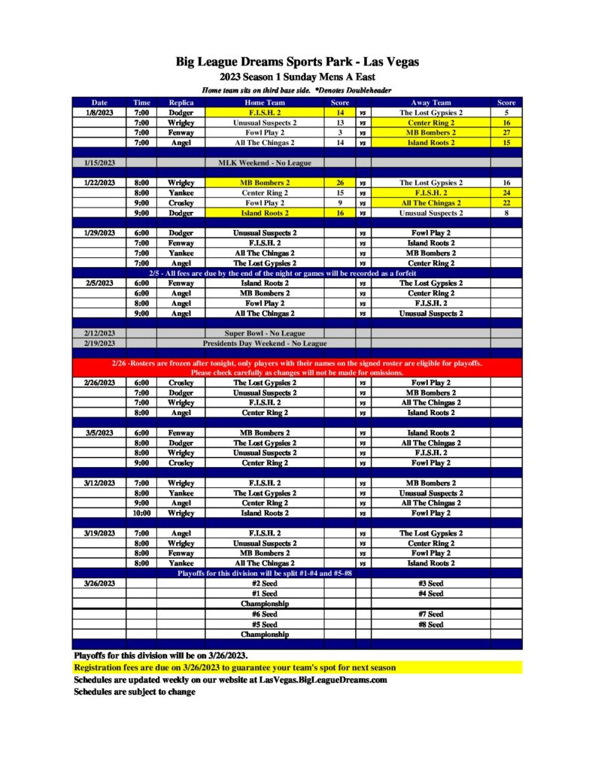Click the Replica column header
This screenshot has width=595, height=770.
[x=181, y=102]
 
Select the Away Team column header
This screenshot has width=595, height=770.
[x=431, y=102]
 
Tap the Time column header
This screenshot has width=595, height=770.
[x=141, y=102]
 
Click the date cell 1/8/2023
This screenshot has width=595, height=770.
[x=99, y=113]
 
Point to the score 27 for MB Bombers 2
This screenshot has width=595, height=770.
[x=506, y=132]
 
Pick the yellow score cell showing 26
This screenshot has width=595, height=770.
[x=340, y=183]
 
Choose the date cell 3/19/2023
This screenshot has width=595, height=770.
[x=99, y=533]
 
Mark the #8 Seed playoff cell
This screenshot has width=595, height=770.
[x=431, y=624]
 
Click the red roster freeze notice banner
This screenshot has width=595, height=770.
[x=297, y=368]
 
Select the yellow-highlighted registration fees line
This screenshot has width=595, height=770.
[x=235, y=668]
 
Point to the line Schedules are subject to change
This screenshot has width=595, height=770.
[x=135, y=692]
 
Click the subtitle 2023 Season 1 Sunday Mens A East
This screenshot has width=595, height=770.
[x=297, y=77]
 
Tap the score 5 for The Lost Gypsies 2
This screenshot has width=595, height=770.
[x=506, y=113]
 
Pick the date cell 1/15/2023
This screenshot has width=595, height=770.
[x=99, y=162]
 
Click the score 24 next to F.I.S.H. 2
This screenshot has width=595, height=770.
[x=506, y=192]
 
